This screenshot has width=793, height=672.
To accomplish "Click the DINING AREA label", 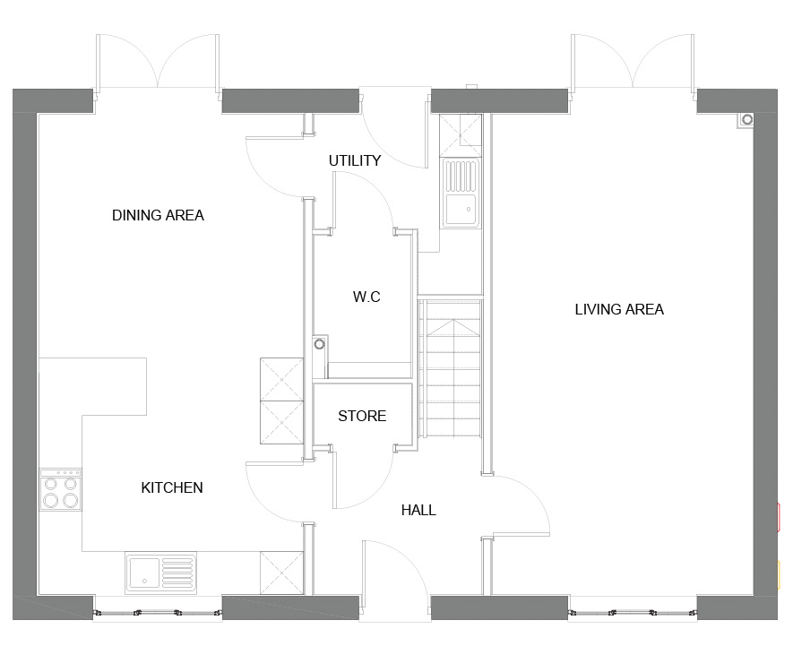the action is [x=158, y=215].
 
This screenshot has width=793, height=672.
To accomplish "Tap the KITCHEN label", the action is [x=172, y=487].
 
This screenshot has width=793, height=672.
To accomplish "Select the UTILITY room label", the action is [x=355, y=160].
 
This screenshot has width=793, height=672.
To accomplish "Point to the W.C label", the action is [x=366, y=297].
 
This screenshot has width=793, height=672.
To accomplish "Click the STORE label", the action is [x=362, y=416].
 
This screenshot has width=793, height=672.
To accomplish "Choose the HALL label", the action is [x=418, y=510].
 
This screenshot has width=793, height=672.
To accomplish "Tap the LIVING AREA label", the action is [x=619, y=309].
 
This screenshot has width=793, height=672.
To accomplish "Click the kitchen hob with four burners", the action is [x=61, y=489].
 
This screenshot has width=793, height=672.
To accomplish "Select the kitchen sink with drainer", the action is [x=160, y=573].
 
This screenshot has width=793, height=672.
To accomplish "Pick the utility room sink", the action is [x=461, y=194].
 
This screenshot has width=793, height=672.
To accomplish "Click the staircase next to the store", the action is [x=450, y=368].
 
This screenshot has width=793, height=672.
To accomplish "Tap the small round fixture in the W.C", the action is [x=319, y=345].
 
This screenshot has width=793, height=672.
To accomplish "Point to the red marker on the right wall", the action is [x=780, y=517].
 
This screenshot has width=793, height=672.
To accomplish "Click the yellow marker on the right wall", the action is [x=780, y=575].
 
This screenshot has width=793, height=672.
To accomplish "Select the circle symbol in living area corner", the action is [x=747, y=120].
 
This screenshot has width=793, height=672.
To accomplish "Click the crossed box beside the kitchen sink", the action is [x=281, y=573].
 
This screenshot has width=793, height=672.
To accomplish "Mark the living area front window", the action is [x=633, y=613].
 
